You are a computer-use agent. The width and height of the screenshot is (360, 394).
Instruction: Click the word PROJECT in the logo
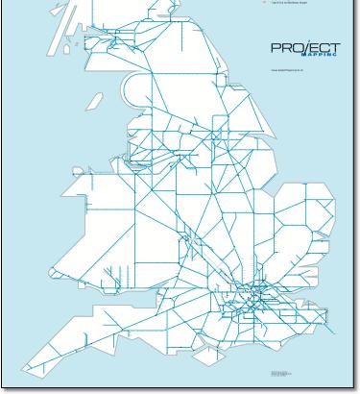click(305, 48)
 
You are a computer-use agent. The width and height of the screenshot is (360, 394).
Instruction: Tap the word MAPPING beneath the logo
click(321, 57)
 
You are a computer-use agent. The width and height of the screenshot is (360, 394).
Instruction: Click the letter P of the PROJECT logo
click(276, 48)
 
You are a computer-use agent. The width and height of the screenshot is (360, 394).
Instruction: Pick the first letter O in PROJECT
click(296, 48)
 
